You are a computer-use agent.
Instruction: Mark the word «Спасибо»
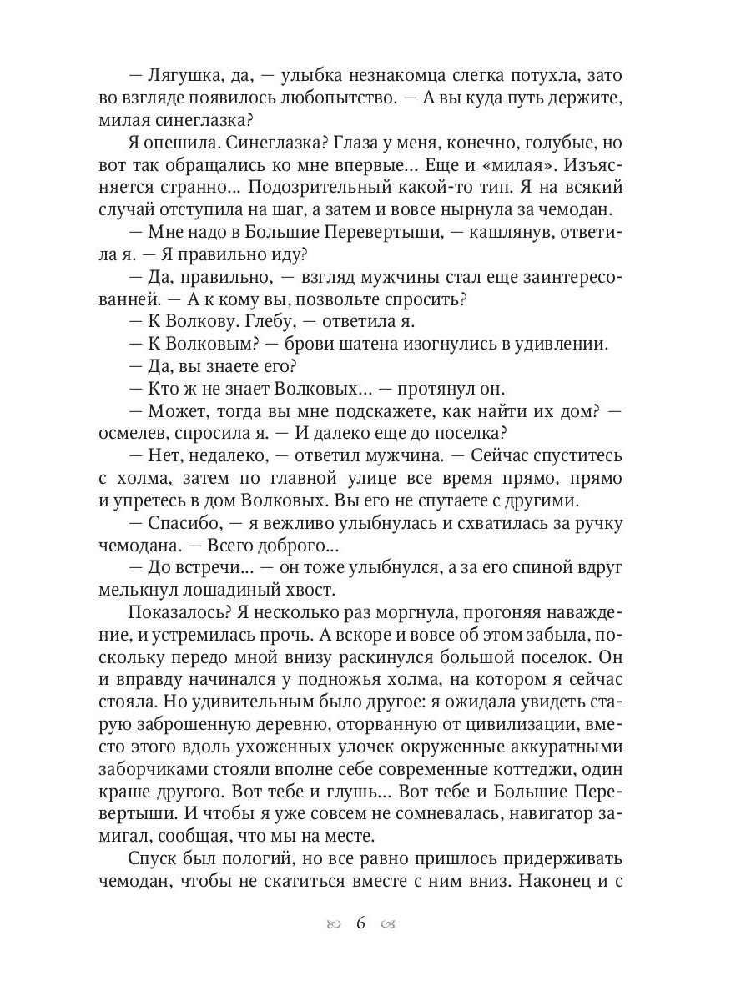pyautogui.click(x=184, y=523)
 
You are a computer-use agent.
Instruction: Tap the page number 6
pyautogui.click(x=361, y=924)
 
